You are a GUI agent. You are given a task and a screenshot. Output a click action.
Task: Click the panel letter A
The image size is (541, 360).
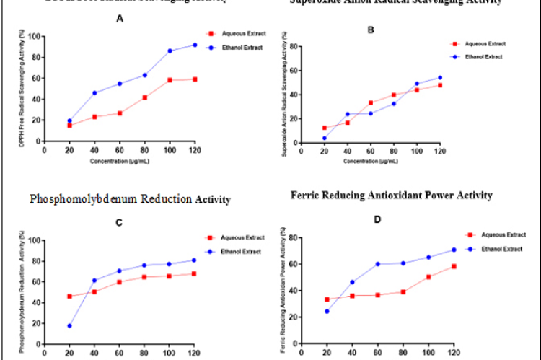tap(120, 21)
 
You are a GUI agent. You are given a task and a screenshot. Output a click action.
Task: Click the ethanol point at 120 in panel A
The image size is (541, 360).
tap(194, 45)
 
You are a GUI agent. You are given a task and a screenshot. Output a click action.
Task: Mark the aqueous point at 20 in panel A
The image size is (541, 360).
tap(69, 126)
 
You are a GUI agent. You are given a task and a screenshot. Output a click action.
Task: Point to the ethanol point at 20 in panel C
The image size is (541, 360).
tap(69, 326)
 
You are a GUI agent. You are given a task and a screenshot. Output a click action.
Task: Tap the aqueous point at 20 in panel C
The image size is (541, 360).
tap(69, 297)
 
